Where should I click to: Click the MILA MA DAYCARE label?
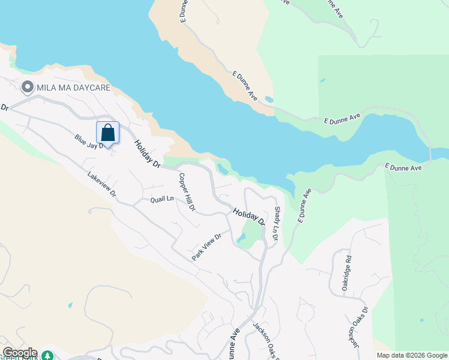coord(73,88)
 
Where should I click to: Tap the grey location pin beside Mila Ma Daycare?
coord(27,88)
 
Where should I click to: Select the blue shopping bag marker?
coord(107,133)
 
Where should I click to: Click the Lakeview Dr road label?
coord(101,185)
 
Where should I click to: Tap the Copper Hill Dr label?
coord(187,192)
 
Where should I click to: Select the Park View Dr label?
coord(207,245)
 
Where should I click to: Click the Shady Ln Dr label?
coord(277,224)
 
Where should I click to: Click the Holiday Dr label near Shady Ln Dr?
coord(249,216)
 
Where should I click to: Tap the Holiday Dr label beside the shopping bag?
coord(148,154)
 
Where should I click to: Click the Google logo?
coord(19,353)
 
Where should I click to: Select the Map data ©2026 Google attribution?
coord(411,355)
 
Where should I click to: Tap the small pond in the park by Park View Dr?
coord(241,238)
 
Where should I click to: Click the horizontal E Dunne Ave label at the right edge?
coord(403,167)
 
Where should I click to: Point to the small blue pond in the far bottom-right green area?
coord(422,320)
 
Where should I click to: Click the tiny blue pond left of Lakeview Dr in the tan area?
coord(71,305)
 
